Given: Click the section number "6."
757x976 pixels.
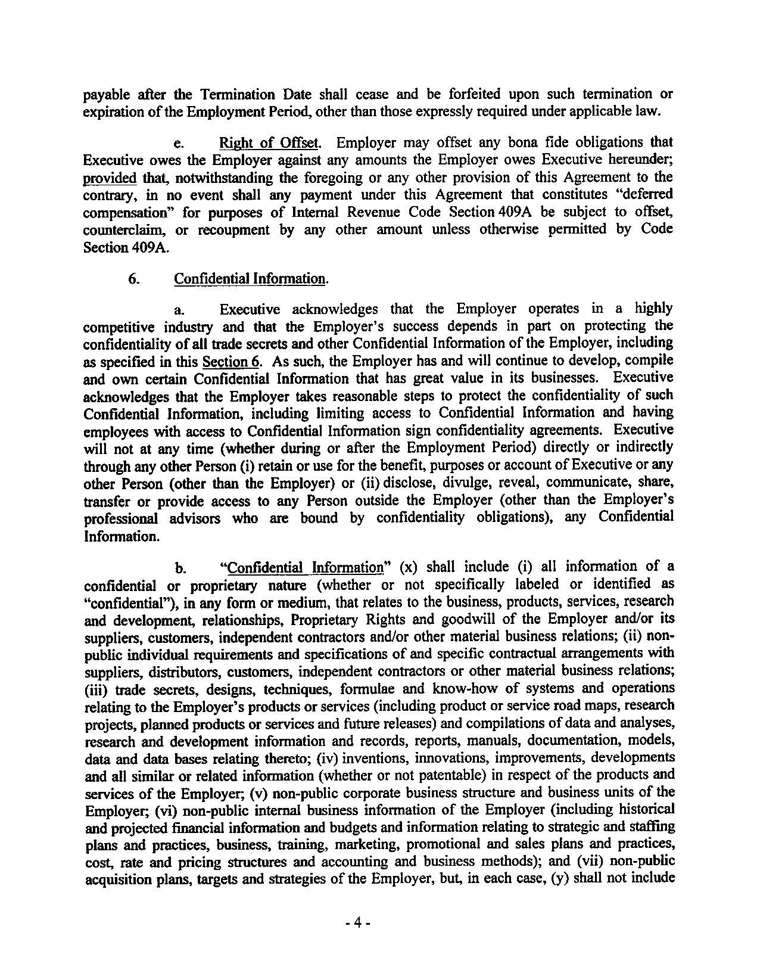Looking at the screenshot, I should point(134,279).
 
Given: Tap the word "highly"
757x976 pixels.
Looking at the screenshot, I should point(653,309).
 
